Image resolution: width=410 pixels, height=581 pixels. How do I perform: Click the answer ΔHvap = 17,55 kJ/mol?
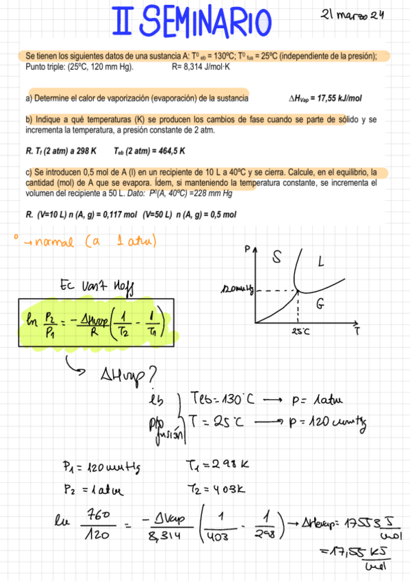(x=335, y=99)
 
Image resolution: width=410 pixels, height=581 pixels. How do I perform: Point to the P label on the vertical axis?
(x=247, y=251)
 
